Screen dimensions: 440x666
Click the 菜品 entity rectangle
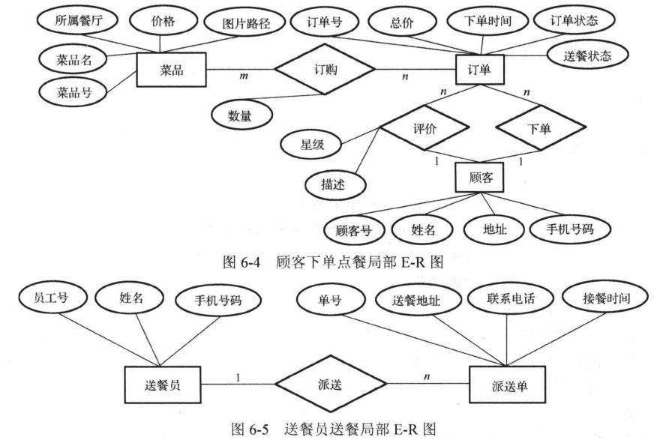pos(172,71)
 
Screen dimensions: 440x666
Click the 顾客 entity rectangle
pos(480,179)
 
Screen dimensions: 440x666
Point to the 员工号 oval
pos(52,298)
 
